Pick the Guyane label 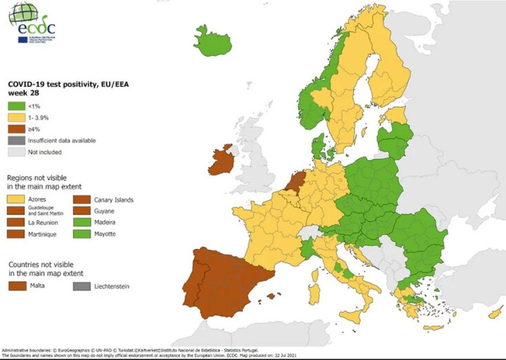pyautogui.click(x=101, y=211)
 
